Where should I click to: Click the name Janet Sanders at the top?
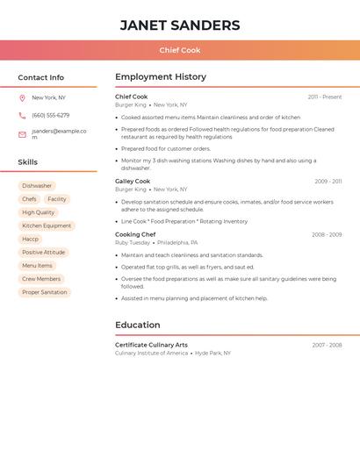pyautogui.click(x=180, y=25)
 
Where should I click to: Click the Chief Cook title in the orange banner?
pyautogui.click(x=180, y=51)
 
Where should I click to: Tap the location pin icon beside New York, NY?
pyautogui.click(x=22, y=98)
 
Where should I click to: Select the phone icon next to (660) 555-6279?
pyautogui.click(x=22, y=116)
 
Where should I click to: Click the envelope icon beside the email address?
pyautogui.click(x=22, y=134)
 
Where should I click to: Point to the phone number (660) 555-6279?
pyautogui.click(x=50, y=116)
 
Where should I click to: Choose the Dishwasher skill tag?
pyautogui.click(x=37, y=186)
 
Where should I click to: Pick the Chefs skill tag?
pyautogui.click(x=29, y=199)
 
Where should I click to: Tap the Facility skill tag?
pyautogui.click(x=57, y=199)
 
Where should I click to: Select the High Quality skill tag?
pyautogui.click(x=39, y=212)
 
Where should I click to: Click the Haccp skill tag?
pyautogui.click(x=30, y=240)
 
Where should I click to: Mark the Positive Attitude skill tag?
pyautogui.click(x=44, y=253)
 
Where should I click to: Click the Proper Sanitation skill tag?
pyautogui.click(x=45, y=292)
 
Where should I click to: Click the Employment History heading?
pyautogui.click(x=161, y=77)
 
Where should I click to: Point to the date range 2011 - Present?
pyautogui.click(x=325, y=97)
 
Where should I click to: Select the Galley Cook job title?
pyautogui.click(x=133, y=182)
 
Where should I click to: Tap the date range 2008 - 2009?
pyautogui.click(x=327, y=235)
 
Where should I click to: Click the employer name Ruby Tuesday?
pyautogui.click(x=133, y=243)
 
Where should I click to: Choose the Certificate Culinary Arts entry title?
pyautogui.click(x=151, y=345)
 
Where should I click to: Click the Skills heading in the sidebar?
pyautogui.click(x=28, y=162)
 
